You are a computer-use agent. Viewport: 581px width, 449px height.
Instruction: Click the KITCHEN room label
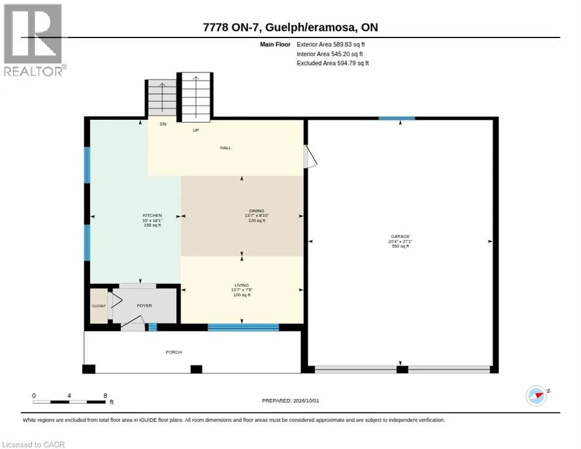pos(153,215)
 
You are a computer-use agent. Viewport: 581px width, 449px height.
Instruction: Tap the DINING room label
pos(257,210)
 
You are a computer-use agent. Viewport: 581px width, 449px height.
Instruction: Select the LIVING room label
pos(241,285)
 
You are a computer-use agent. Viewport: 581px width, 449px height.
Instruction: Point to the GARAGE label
pos(400,236)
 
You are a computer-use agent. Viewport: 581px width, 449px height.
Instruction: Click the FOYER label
pos(144,306)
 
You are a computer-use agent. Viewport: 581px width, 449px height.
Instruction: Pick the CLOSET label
pos(99,306)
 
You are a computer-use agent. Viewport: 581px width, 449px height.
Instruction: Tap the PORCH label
pos(174,352)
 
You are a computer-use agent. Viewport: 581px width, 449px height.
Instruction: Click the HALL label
pos(226,147)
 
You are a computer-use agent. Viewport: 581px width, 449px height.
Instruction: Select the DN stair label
pos(163,124)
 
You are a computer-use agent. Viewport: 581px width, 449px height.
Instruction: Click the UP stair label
pos(196,130)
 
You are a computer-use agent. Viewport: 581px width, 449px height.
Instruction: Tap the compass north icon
pos(537,395)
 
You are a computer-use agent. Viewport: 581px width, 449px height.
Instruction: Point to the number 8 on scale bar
pos(106,396)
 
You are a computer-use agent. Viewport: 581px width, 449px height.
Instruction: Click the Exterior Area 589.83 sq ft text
pos(330,44)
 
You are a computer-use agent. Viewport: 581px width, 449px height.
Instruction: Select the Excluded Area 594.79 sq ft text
pos(333,63)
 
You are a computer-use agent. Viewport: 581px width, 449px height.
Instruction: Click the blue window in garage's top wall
pos(396,118)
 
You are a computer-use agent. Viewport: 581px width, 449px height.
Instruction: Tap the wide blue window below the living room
pos(243,327)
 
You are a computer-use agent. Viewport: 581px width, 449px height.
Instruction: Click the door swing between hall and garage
pos(310,157)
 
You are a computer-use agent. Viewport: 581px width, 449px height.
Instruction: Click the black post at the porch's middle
pos(196,369)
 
